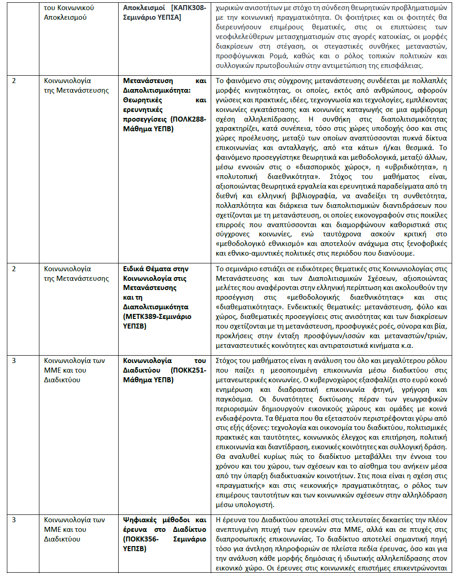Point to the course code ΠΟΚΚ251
click(x=189, y=370)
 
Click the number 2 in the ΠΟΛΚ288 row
click(x=14, y=81)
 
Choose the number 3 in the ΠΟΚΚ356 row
click(x=14, y=520)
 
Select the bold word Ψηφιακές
click(x=140, y=520)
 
